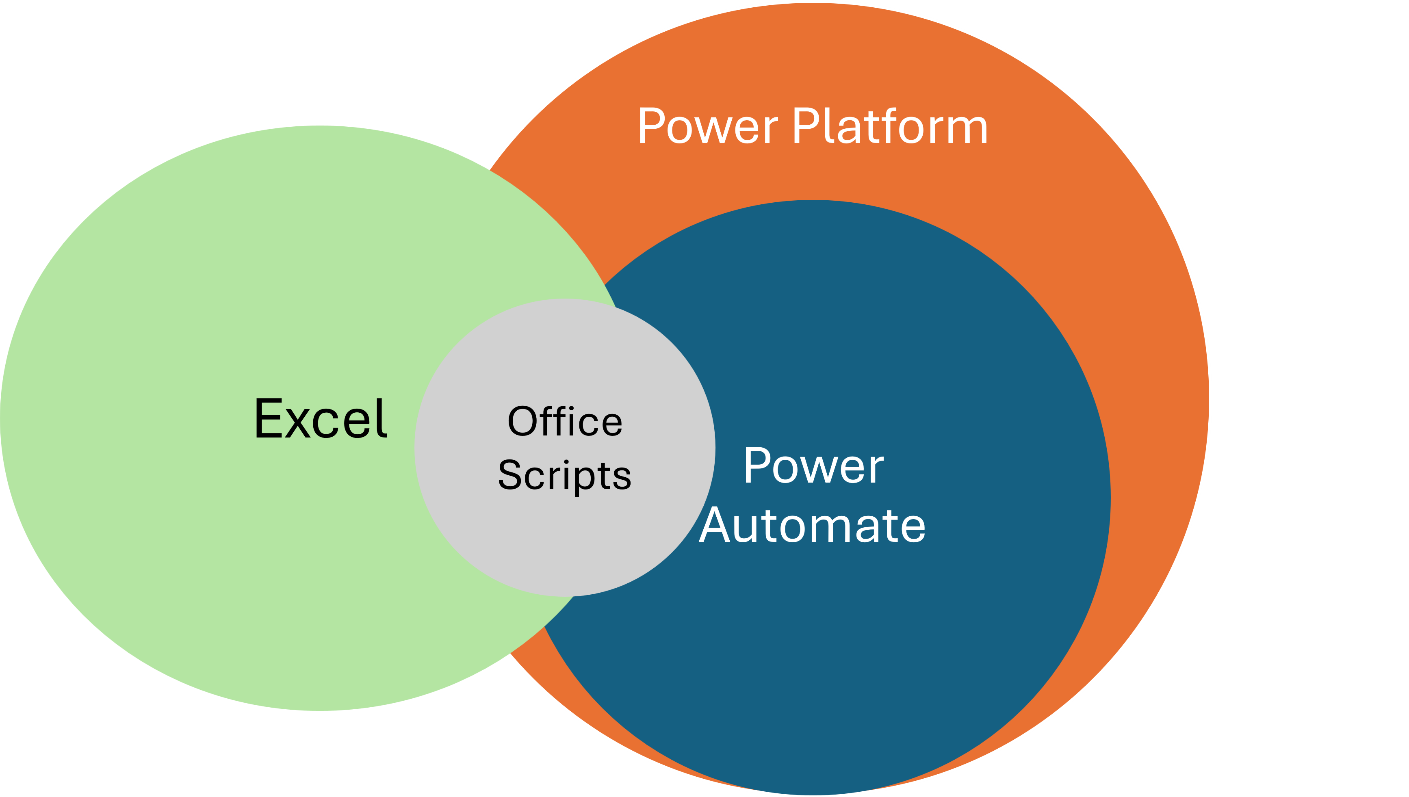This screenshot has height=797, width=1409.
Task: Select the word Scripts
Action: point(565,475)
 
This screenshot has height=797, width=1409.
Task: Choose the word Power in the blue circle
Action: point(813,466)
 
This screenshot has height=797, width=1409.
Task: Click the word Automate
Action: point(812,526)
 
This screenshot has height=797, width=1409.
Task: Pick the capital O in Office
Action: point(523,422)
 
